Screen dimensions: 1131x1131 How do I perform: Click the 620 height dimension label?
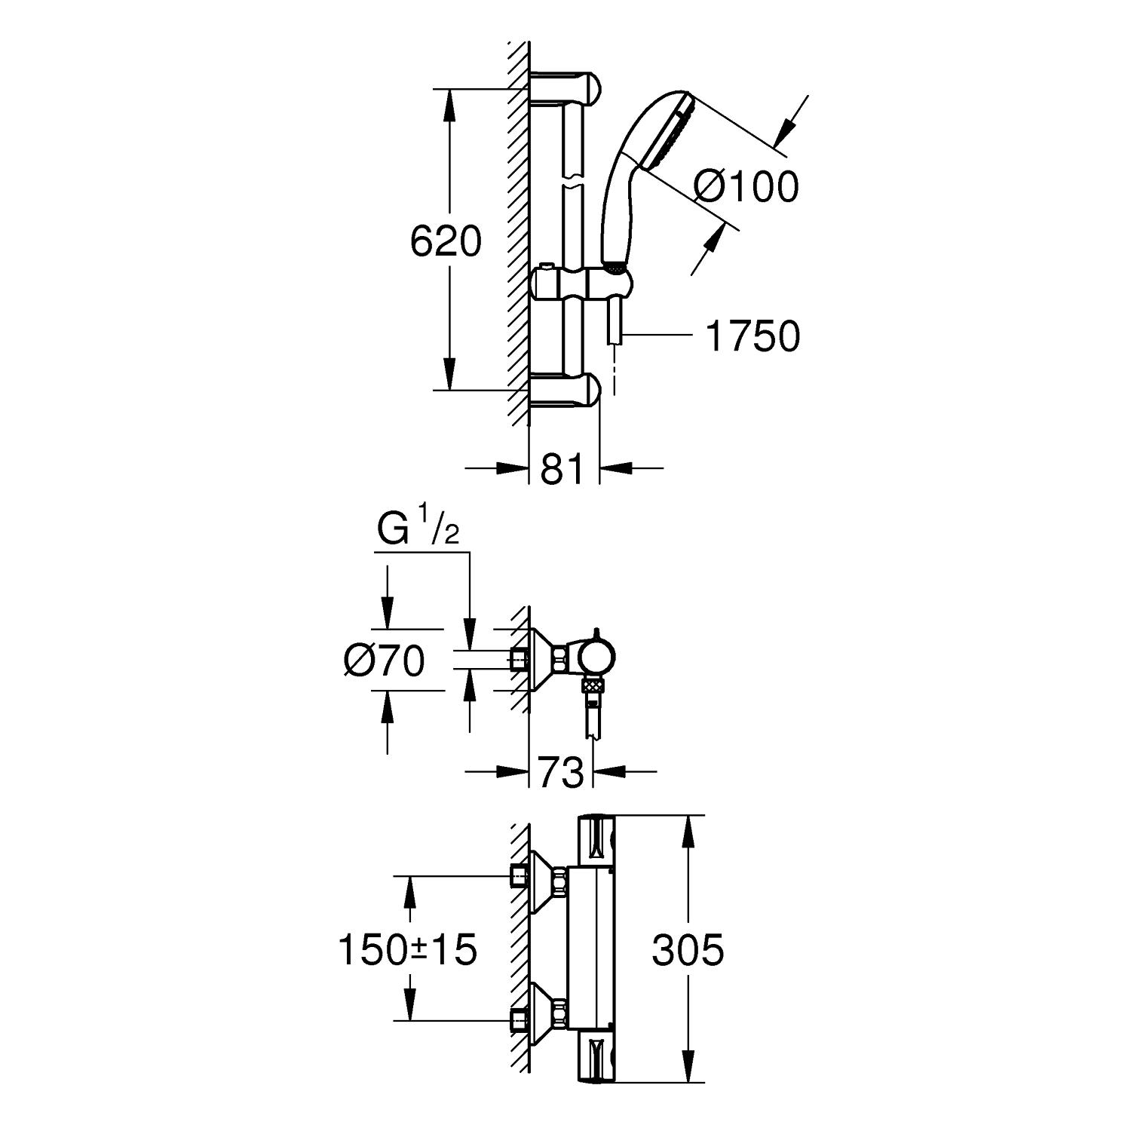(446, 242)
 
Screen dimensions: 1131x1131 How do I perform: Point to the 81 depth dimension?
(562, 470)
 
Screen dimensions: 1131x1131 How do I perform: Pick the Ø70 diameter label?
(384, 661)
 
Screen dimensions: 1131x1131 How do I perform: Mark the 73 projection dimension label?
(562, 773)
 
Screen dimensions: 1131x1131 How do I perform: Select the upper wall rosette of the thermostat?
(544, 881)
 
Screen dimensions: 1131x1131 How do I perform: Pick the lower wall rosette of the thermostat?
(544, 1016)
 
